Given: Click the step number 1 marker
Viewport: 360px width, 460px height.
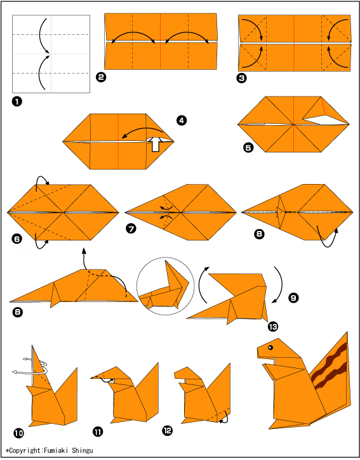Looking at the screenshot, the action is [x=17, y=102].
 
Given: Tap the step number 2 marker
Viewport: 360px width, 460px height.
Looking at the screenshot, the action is [x=101, y=77].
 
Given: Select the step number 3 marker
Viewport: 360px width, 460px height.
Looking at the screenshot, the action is [x=241, y=78].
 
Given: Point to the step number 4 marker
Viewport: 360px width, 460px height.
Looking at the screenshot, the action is [x=182, y=121].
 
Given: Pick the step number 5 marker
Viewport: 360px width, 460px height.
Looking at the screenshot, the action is [x=248, y=147].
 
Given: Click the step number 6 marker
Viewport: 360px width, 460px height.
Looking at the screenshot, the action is [x=17, y=239].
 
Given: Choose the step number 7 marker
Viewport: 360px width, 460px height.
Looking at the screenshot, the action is [x=131, y=228].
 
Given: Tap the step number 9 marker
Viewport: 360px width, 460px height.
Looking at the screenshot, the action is [x=293, y=298].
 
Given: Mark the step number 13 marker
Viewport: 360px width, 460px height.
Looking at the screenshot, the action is [x=273, y=326].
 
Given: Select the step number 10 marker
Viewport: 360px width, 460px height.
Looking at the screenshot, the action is [x=18, y=433].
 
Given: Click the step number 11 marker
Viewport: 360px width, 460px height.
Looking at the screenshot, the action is [x=98, y=431].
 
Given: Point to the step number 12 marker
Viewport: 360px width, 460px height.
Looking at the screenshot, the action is [x=168, y=430].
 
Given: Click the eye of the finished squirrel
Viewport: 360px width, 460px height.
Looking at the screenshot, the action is [x=270, y=348].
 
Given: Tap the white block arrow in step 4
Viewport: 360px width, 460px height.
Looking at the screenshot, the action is [x=156, y=144].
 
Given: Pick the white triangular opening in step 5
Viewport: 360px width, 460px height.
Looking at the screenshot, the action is [x=324, y=120].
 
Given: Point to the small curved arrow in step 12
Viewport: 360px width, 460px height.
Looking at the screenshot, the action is [x=224, y=418].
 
